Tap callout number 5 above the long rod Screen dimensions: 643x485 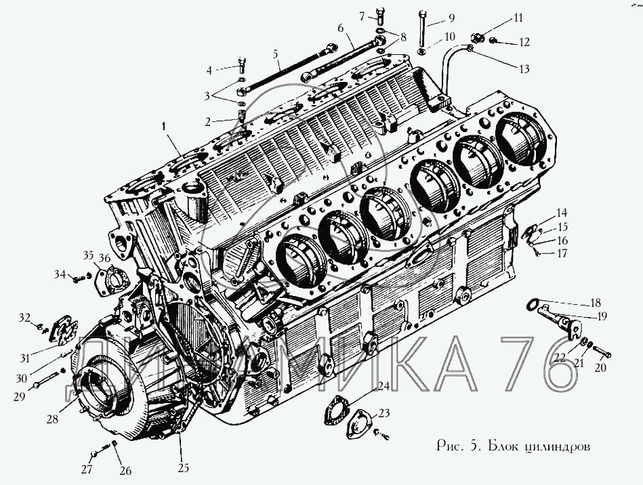pos(276,53)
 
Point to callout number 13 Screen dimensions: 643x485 pos(524,68)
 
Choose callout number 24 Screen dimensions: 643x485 pos(383,387)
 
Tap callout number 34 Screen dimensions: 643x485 pos(60,274)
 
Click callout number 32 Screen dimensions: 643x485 pos(24,317)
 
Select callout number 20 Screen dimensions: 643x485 pos(601,368)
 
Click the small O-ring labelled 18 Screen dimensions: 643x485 pos(535,303)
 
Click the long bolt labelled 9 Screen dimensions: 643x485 pos(423,27)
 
